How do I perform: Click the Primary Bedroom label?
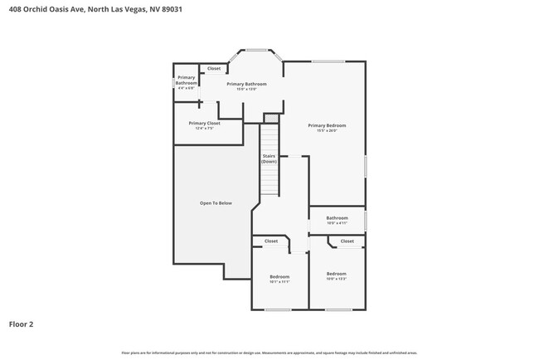click(x=327, y=125)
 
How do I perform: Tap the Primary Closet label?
click(x=204, y=123)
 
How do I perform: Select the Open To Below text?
click(x=216, y=203)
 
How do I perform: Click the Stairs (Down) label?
click(x=269, y=158)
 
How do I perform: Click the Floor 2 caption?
click(x=21, y=324)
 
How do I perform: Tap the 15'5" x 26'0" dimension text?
click(x=327, y=130)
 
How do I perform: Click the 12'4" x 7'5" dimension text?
click(x=204, y=128)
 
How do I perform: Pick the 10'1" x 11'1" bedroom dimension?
click(x=279, y=281)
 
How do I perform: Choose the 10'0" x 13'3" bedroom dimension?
click(x=336, y=279)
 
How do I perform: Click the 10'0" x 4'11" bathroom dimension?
click(x=336, y=222)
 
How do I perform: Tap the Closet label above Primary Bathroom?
click(x=214, y=68)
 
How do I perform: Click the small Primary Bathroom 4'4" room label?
click(x=186, y=83)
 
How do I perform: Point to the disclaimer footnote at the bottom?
click(x=269, y=353)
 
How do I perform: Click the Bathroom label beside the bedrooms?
click(x=336, y=217)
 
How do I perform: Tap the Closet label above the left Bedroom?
click(x=271, y=241)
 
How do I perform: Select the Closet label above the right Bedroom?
click(x=347, y=241)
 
